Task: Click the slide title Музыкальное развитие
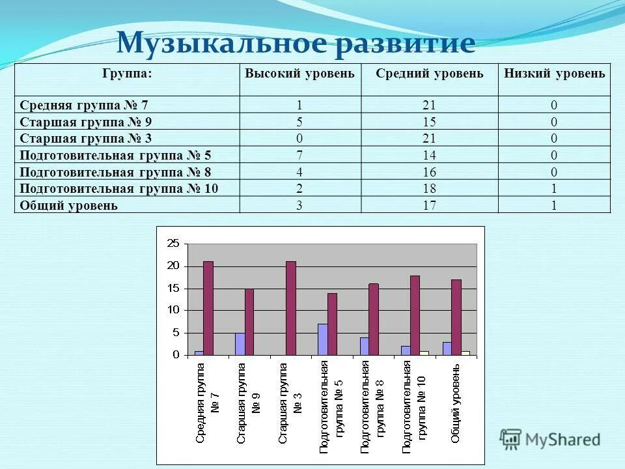tap(296, 44)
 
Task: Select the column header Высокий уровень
tap(299, 74)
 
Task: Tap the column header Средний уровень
tap(430, 74)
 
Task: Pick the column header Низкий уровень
tap(555, 74)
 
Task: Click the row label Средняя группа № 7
tap(89, 105)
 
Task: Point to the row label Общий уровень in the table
tap(69, 205)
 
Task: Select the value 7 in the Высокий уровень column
tap(299, 155)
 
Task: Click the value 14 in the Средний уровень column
tap(430, 155)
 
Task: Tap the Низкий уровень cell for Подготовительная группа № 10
tap(555, 189)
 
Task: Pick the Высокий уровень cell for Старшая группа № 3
tap(299, 138)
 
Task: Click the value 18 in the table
tap(430, 189)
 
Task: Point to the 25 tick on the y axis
tap(173, 244)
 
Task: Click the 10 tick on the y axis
tap(173, 311)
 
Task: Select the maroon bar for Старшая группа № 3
tap(291, 308)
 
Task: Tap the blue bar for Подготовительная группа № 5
tap(322, 339)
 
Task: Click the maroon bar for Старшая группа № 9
tap(249, 322)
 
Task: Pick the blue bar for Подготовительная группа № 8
tap(364, 346)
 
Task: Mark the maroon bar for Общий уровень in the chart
tap(456, 317)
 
